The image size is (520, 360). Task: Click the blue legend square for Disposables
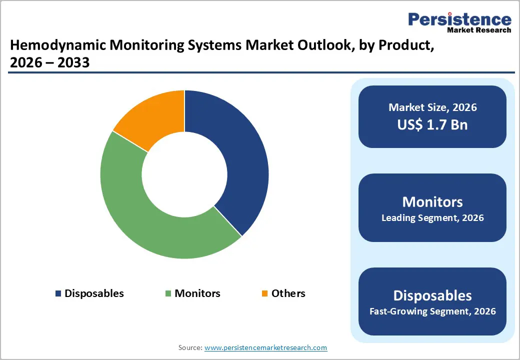[58, 293]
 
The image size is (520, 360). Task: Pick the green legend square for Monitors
[168, 293]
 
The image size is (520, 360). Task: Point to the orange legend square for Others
[265, 293]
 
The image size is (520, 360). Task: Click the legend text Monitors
[197, 293]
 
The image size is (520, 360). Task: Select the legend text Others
[288, 293]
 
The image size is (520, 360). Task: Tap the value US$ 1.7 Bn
[432, 124]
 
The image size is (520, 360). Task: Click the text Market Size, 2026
[432, 107]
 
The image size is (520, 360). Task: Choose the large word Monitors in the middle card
[432, 201]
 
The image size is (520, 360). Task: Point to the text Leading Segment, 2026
[432, 218]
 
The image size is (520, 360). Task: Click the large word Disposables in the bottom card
[432, 295]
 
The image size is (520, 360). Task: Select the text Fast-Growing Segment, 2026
[432, 311]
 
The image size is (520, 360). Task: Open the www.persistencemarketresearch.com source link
[265, 347]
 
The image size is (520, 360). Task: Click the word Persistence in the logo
[460, 19]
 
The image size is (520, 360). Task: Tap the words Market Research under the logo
[479, 30]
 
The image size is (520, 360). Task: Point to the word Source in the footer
[190, 347]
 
